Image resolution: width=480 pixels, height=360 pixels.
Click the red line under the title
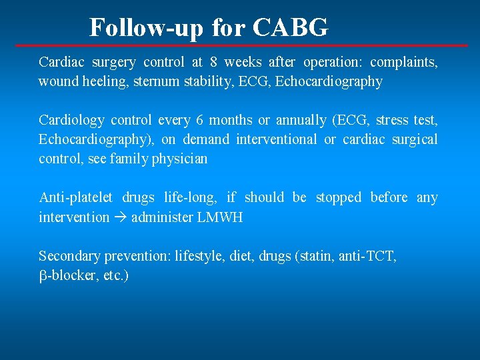coord(240,45)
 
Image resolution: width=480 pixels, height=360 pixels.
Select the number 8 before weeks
coord(213,63)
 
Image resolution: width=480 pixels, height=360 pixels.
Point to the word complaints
coord(403,63)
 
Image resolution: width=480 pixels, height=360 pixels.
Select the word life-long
coord(189,198)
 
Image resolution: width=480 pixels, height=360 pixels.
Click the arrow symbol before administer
coord(120,217)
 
